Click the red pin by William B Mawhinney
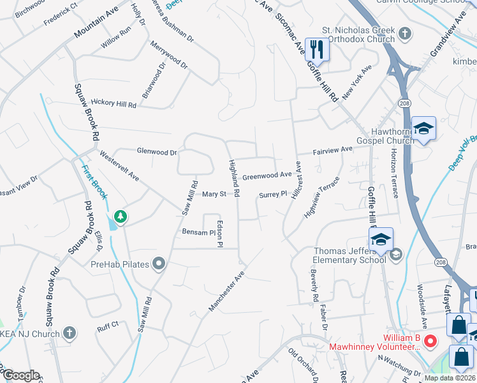point(430,341)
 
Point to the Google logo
point(20,375)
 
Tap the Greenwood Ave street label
point(267,174)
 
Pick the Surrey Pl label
point(272,195)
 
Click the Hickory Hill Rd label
point(114,103)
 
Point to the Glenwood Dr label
point(156,152)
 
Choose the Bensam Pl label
point(199,233)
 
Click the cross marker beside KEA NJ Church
point(70,333)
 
